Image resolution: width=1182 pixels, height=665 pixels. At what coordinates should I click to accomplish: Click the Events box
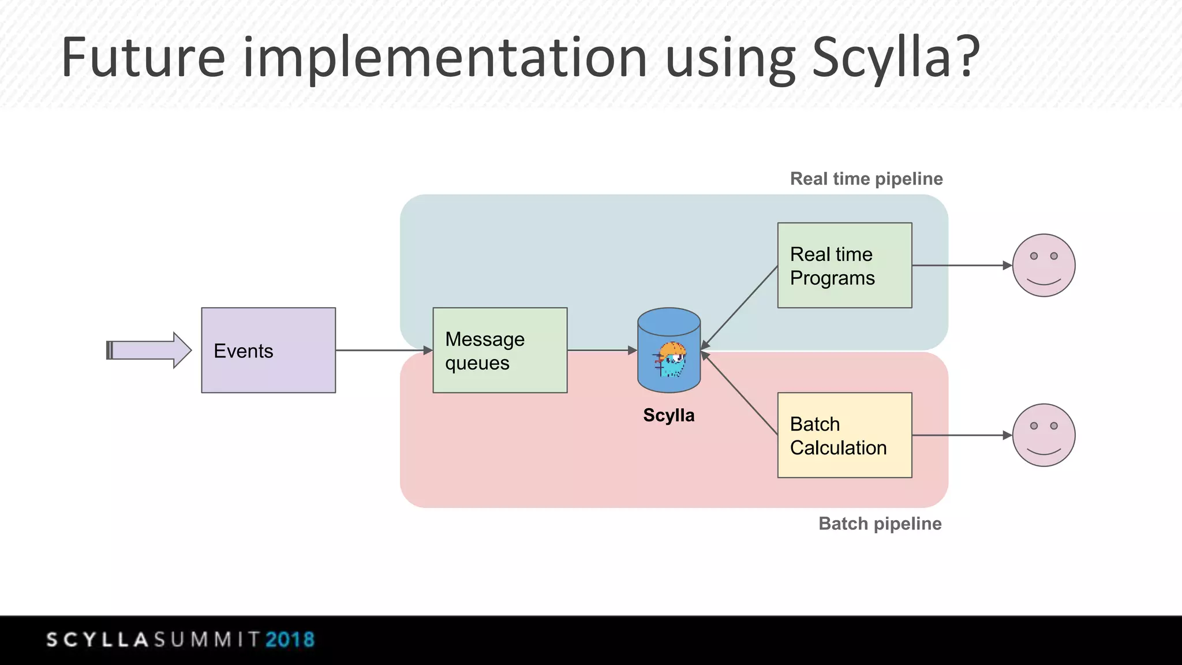pos(268,350)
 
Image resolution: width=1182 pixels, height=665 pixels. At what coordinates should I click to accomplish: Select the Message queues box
pos(500,350)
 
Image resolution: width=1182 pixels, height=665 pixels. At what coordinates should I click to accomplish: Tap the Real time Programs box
pos(844,266)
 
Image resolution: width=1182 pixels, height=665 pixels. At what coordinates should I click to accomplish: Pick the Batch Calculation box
pos(844,435)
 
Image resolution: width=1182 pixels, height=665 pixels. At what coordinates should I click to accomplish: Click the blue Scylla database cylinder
pos(669,350)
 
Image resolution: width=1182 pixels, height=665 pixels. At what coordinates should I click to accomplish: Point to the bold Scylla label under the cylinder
pos(669,415)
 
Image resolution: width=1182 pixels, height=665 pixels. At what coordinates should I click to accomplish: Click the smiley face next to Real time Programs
pos(1043,266)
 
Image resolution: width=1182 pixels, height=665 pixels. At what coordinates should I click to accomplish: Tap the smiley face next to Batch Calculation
pos(1043,435)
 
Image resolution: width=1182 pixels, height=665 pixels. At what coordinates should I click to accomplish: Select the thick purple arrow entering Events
pos(149,350)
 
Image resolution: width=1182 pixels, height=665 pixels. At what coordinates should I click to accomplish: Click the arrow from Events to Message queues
pos(384,350)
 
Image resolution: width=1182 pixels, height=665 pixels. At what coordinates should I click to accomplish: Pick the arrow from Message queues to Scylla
pos(602,350)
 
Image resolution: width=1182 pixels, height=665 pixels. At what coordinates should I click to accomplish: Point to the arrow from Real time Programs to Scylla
pos(739,308)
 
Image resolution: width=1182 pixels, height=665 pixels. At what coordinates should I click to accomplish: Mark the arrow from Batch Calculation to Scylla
pos(739,393)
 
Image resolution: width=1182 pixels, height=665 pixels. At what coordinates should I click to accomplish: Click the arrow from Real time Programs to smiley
pos(962,266)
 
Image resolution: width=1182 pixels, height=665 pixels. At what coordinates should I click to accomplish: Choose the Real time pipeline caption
pos(866,179)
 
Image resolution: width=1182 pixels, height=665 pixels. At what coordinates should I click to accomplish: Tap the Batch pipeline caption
pos(880,524)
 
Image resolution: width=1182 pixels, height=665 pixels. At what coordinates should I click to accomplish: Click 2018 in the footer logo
pos(290,640)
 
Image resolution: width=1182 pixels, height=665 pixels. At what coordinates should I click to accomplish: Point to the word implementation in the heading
pos(445,58)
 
